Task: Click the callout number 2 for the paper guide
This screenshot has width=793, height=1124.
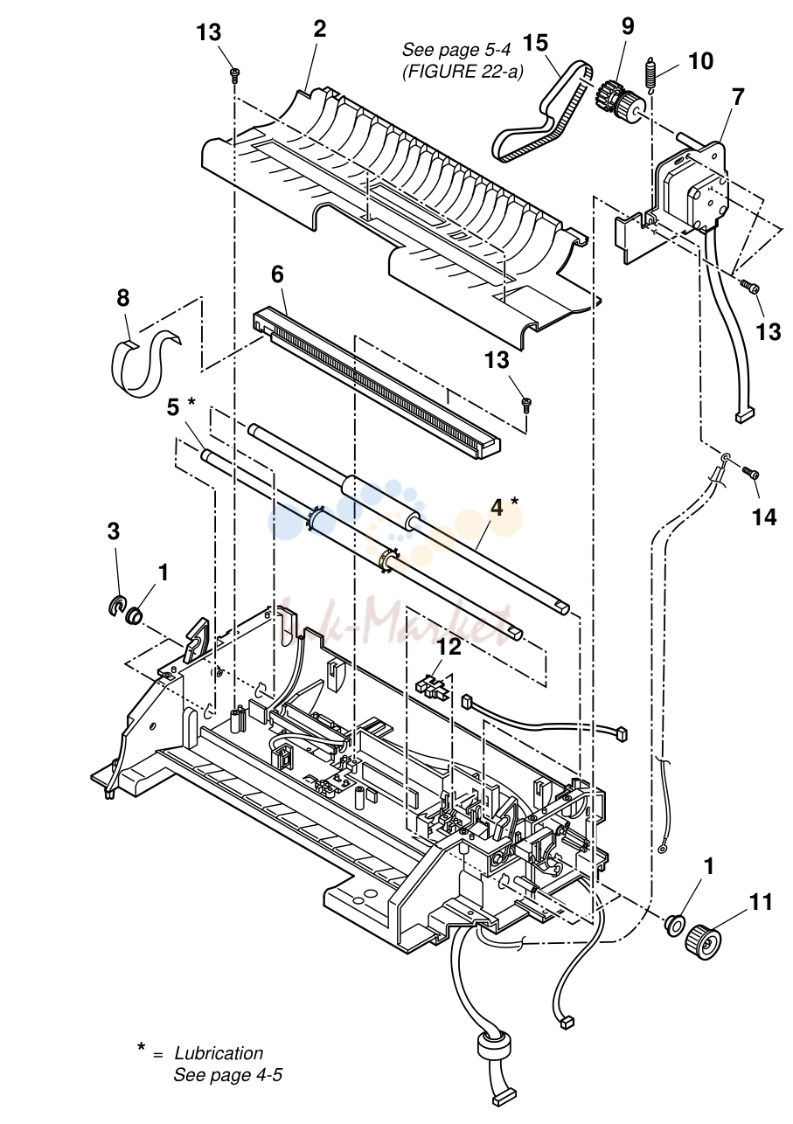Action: (x=319, y=29)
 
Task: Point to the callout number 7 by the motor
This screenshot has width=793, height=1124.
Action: (x=737, y=97)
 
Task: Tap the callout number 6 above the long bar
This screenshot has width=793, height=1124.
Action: (x=277, y=274)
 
